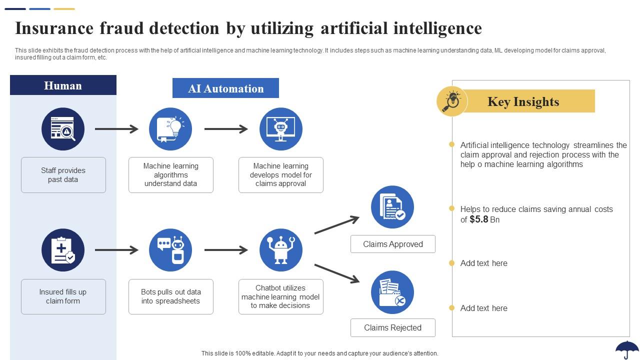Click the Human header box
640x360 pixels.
click(63, 85)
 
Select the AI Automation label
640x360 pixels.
click(225, 88)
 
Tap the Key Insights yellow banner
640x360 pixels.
click(523, 101)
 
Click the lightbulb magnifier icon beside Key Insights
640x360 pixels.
click(451, 101)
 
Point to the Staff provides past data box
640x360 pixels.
click(63, 175)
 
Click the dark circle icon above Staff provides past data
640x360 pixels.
click(63, 129)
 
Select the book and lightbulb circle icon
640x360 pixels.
click(170, 129)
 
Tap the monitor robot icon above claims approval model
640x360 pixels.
click(281, 129)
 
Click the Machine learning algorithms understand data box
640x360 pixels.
click(170, 175)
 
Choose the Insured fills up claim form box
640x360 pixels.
click(63, 296)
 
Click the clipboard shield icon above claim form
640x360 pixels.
click(63, 250)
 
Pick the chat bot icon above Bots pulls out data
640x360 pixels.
click(170, 250)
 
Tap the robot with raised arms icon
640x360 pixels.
click(281, 250)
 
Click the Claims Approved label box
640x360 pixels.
click(392, 244)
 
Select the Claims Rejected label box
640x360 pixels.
click(392, 327)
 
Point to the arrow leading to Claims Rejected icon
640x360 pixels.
click(336, 273)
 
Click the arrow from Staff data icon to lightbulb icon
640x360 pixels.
click(116, 129)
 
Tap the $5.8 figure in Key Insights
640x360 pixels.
click(478, 219)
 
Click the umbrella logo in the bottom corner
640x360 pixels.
click(627, 349)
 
